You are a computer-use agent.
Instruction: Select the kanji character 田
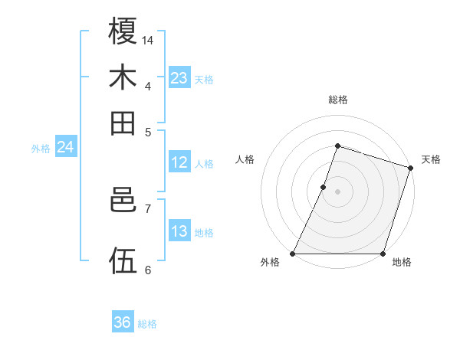coord(123,123)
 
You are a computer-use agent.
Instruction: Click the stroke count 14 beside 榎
coord(148,40)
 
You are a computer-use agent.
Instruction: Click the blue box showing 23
coord(179,78)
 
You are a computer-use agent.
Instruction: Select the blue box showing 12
coord(179,162)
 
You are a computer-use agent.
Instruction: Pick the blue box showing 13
coord(179,231)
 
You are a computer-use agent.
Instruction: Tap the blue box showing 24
coord(65,147)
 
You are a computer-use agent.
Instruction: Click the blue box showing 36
coord(123,322)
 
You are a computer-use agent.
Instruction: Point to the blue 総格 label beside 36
coord(147,324)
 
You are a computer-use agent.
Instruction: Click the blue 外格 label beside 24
coord(41,149)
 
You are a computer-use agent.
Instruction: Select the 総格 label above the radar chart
coord(337,100)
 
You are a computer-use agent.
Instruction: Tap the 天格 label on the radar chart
coord(431,159)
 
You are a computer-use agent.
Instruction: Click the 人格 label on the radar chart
coord(245,159)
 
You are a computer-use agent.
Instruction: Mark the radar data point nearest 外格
coord(293,254)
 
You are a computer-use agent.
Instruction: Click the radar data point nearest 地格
coord(383,254)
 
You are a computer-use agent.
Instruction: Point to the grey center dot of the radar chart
coord(337,191)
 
